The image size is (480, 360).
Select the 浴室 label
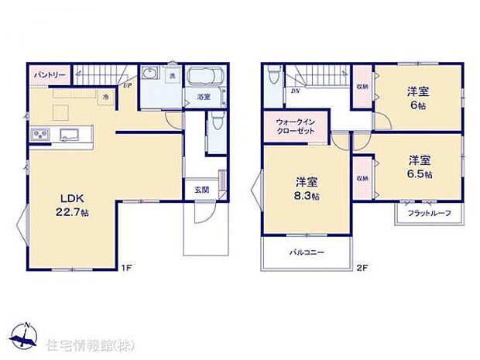pyautogui.click(x=203, y=97)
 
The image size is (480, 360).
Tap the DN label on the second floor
pyautogui.click(x=295, y=91)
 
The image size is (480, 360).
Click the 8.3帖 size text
pyautogui.click(x=307, y=196)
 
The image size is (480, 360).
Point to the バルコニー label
pyautogui.click(x=307, y=252)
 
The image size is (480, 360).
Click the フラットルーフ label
pyautogui.click(x=423, y=214)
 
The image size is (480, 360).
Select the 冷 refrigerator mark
pyautogui.click(x=105, y=96)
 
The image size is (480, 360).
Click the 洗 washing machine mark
pyautogui.click(x=173, y=74)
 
